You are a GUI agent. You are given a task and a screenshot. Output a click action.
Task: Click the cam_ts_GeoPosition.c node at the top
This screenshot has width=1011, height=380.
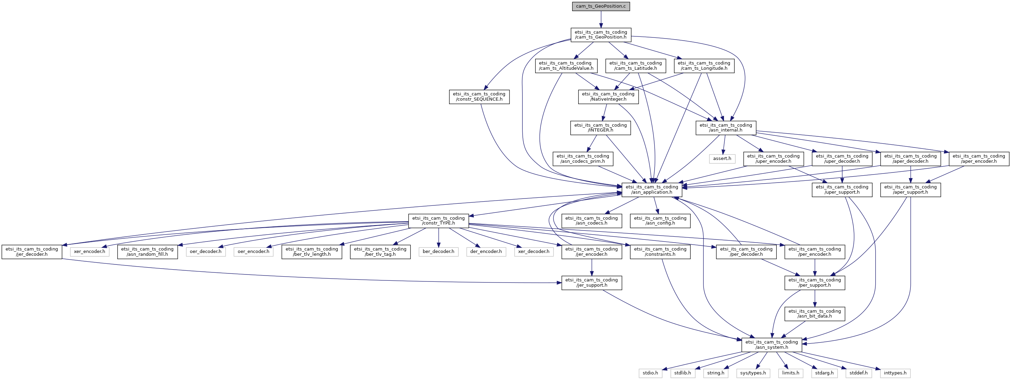[x=601, y=6]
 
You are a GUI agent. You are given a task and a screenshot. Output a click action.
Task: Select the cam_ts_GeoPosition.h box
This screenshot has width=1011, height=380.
[x=601, y=35]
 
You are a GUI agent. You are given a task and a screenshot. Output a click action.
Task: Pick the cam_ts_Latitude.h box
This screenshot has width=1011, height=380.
[x=635, y=66]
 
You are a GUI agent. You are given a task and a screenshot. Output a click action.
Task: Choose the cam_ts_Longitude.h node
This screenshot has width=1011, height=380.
[x=704, y=66]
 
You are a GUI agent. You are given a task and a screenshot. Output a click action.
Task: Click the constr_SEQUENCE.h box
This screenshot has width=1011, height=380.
[x=479, y=96]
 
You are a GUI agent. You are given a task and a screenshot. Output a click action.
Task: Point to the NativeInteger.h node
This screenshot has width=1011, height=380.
[x=608, y=96]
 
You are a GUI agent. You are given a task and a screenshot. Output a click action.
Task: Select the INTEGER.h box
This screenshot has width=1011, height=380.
[x=600, y=128]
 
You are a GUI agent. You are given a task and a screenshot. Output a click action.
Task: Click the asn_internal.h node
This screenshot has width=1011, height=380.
[x=726, y=128]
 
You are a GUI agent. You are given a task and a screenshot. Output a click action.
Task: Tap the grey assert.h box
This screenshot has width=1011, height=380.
[x=722, y=159]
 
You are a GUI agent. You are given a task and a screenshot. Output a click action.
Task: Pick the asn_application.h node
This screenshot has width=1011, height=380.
[x=652, y=189]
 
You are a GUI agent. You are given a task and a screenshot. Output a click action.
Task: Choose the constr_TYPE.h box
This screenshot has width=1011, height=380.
[x=438, y=221]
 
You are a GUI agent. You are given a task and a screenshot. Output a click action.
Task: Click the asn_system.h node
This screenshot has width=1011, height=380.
[x=772, y=345]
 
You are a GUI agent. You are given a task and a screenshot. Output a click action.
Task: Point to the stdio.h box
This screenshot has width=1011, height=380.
[x=650, y=373]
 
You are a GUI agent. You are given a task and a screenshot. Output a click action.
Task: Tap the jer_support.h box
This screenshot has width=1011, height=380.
[x=591, y=282]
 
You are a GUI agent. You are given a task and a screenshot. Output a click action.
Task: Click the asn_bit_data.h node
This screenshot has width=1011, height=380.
[x=815, y=314]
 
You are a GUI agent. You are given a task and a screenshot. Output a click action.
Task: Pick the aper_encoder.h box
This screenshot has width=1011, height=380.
[x=979, y=159]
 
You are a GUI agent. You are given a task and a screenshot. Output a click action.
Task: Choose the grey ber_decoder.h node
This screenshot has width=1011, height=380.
[x=438, y=252]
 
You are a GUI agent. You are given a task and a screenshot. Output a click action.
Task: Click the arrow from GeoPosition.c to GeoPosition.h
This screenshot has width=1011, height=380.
[x=601, y=19]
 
